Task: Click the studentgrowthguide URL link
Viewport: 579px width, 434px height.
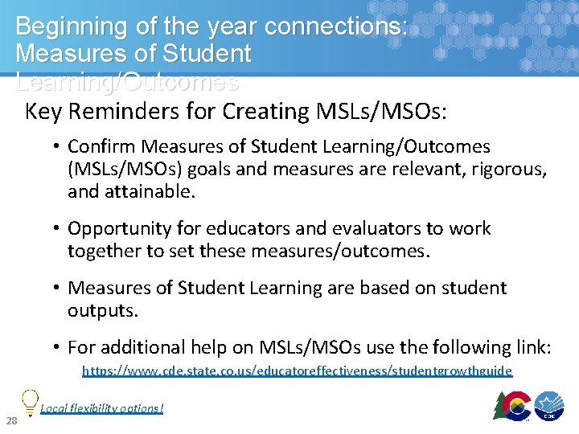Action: coord(297,371)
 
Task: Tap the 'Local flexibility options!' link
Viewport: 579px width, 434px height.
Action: coord(101,408)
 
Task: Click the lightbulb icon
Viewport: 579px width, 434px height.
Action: coord(30,399)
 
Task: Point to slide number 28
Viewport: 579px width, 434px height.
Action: coord(11,422)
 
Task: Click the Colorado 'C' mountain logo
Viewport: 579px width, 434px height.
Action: coord(511,406)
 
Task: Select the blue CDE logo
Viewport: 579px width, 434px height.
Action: coord(550,407)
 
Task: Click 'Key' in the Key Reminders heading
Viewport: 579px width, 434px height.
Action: coord(43,111)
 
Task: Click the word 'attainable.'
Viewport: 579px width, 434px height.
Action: coord(144,193)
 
